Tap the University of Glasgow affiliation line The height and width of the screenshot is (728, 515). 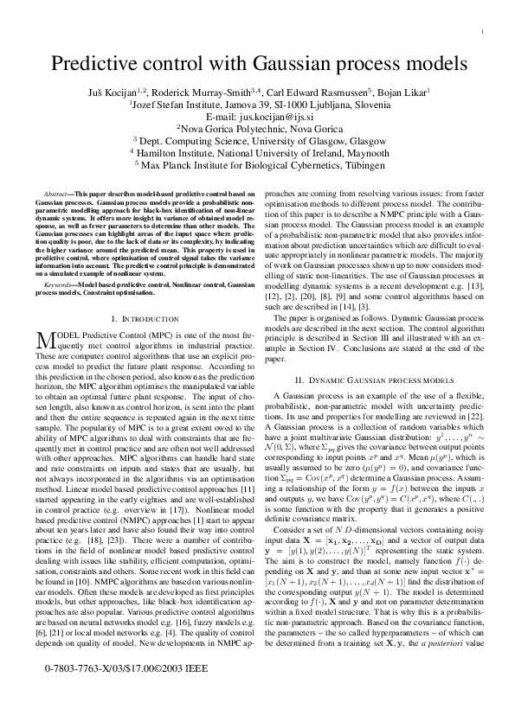click(x=257, y=138)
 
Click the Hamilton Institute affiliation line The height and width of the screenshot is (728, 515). click(x=257, y=150)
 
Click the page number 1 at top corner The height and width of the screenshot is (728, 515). click(x=480, y=32)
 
